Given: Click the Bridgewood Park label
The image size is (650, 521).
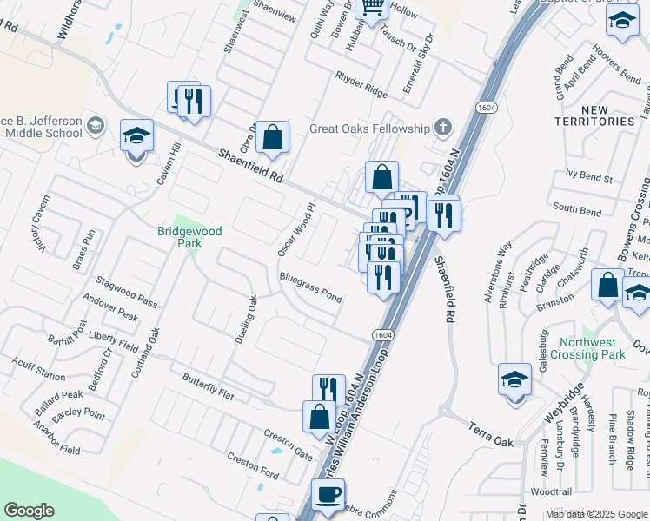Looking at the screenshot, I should coord(189,237).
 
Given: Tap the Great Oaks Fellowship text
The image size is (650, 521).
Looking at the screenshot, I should coord(370,129).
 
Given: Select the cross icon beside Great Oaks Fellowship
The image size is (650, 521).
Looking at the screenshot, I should coord(443,129).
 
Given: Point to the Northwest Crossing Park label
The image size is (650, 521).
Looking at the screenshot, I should coord(593,348).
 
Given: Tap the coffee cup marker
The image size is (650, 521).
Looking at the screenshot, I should coord(328,496).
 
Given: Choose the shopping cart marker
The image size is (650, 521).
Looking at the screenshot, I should coord(371,9).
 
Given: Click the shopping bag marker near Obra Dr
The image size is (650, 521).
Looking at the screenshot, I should coord(273,138).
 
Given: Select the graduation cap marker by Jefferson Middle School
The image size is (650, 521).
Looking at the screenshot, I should coord(136,137).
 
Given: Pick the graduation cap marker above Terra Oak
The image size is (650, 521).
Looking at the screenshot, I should coord(514,380).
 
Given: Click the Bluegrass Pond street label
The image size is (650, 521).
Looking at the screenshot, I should coord(310,287).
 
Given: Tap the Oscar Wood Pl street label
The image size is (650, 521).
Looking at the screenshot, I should coord(295,230).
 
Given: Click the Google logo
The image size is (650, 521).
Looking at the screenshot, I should coord(29,511).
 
